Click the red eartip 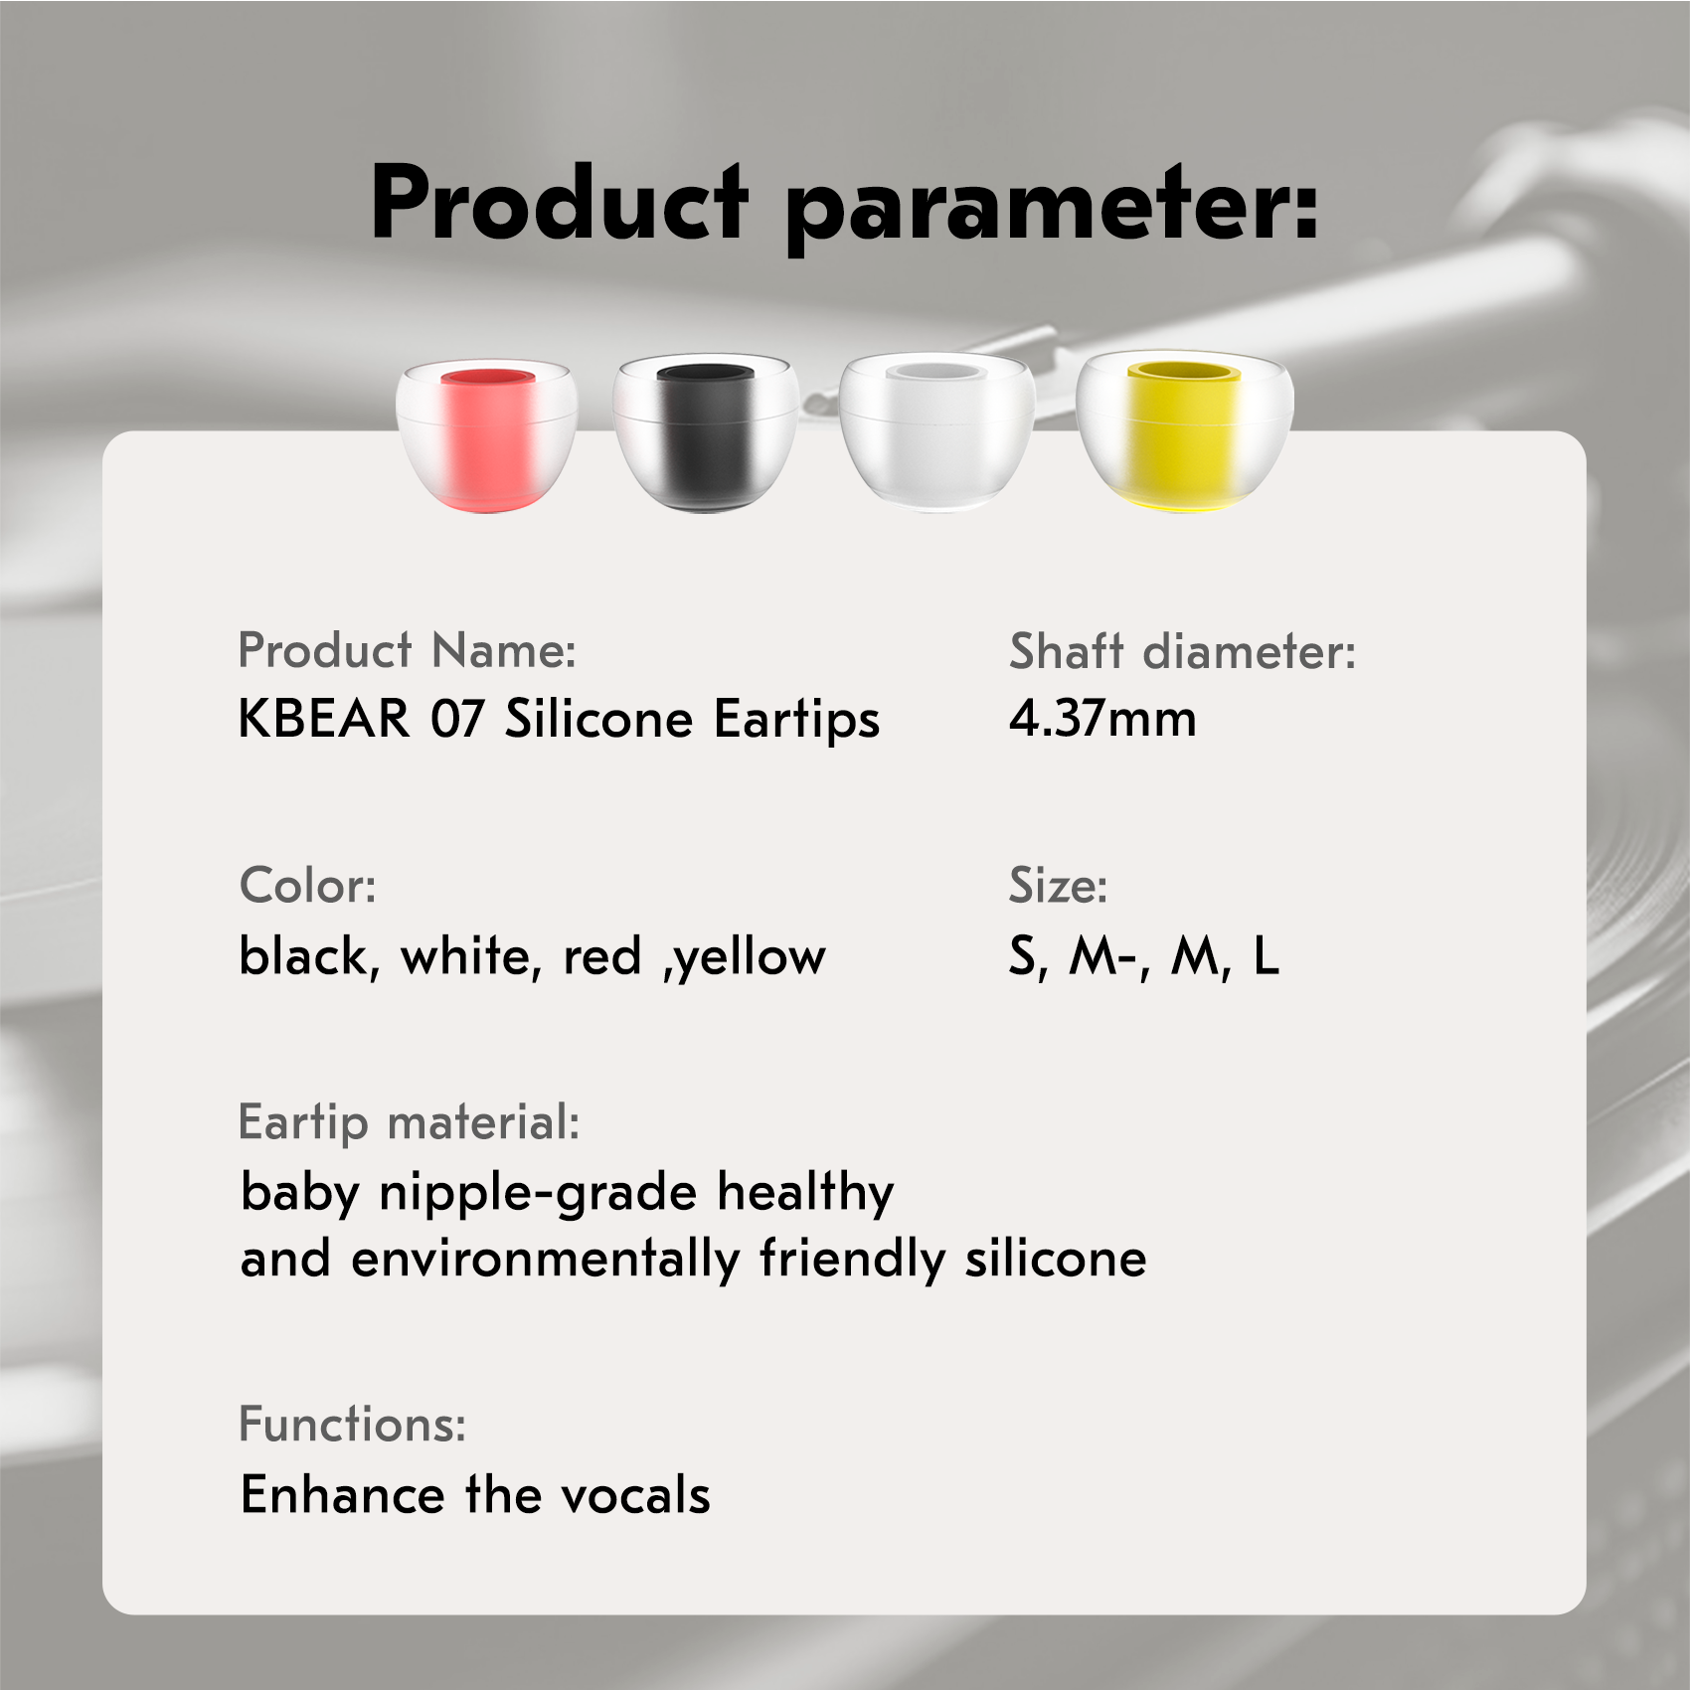pyautogui.click(x=487, y=437)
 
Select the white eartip pyautogui.click(x=936, y=432)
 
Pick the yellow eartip pyautogui.click(x=1185, y=430)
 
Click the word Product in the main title pyautogui.click(x=559, y=204)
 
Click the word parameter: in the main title pyautogui.click(x=1052, y=209)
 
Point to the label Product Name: pyautogui.click(x=407, y=651)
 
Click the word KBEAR pyautogui.click(x=324, y=718)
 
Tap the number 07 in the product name pyautogui.click(x=457, y=718)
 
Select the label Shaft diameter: pyautogui.click(x=1182, y=652)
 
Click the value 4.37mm pyautogui.click(x=1102, y=718)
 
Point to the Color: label pyautogui.click(x=308, y=885)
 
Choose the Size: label pyautogui.click(x=1058, y=885)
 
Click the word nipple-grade pyautogui.click(x=538, y=1193)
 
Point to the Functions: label pyautogui.click(x=352, y=1425)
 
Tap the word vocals pyautogui.click(x=635, y=1494)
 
